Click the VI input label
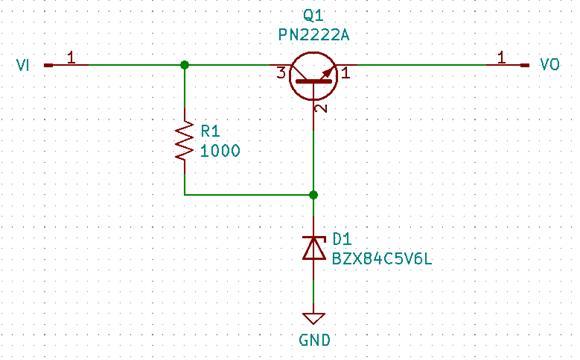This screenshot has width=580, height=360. [24, 65]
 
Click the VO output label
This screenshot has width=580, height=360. [549, 65]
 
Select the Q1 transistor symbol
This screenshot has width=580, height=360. [314, 76]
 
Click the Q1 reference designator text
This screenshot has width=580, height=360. [314, 16]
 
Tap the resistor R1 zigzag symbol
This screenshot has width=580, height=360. [185, 141]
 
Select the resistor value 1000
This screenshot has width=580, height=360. [221, 151]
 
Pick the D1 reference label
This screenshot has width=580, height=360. [342, 238]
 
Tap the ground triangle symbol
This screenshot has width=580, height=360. [314, 318]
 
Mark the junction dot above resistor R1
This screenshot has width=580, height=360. [185, 65]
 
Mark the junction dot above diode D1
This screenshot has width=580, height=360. [314, 195]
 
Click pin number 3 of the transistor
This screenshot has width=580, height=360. [282, 73]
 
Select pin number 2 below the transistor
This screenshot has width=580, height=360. [321, 107]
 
